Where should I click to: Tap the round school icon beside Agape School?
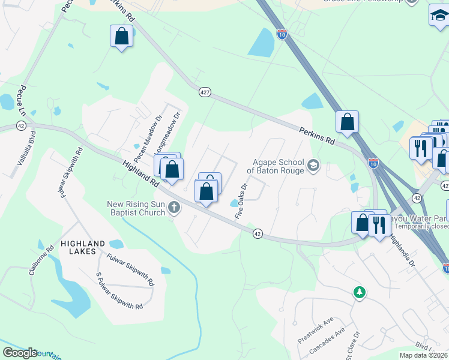pos(313,164)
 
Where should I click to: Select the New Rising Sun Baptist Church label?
pos(136,208)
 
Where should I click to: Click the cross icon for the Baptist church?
pos(174,208)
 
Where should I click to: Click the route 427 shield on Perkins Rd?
pos(205,92)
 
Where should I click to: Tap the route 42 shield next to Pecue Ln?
pos(21,125)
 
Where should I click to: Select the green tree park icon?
pos(359,292)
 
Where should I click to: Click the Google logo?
pos(20,353)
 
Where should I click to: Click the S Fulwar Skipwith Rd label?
pos(119,292)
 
